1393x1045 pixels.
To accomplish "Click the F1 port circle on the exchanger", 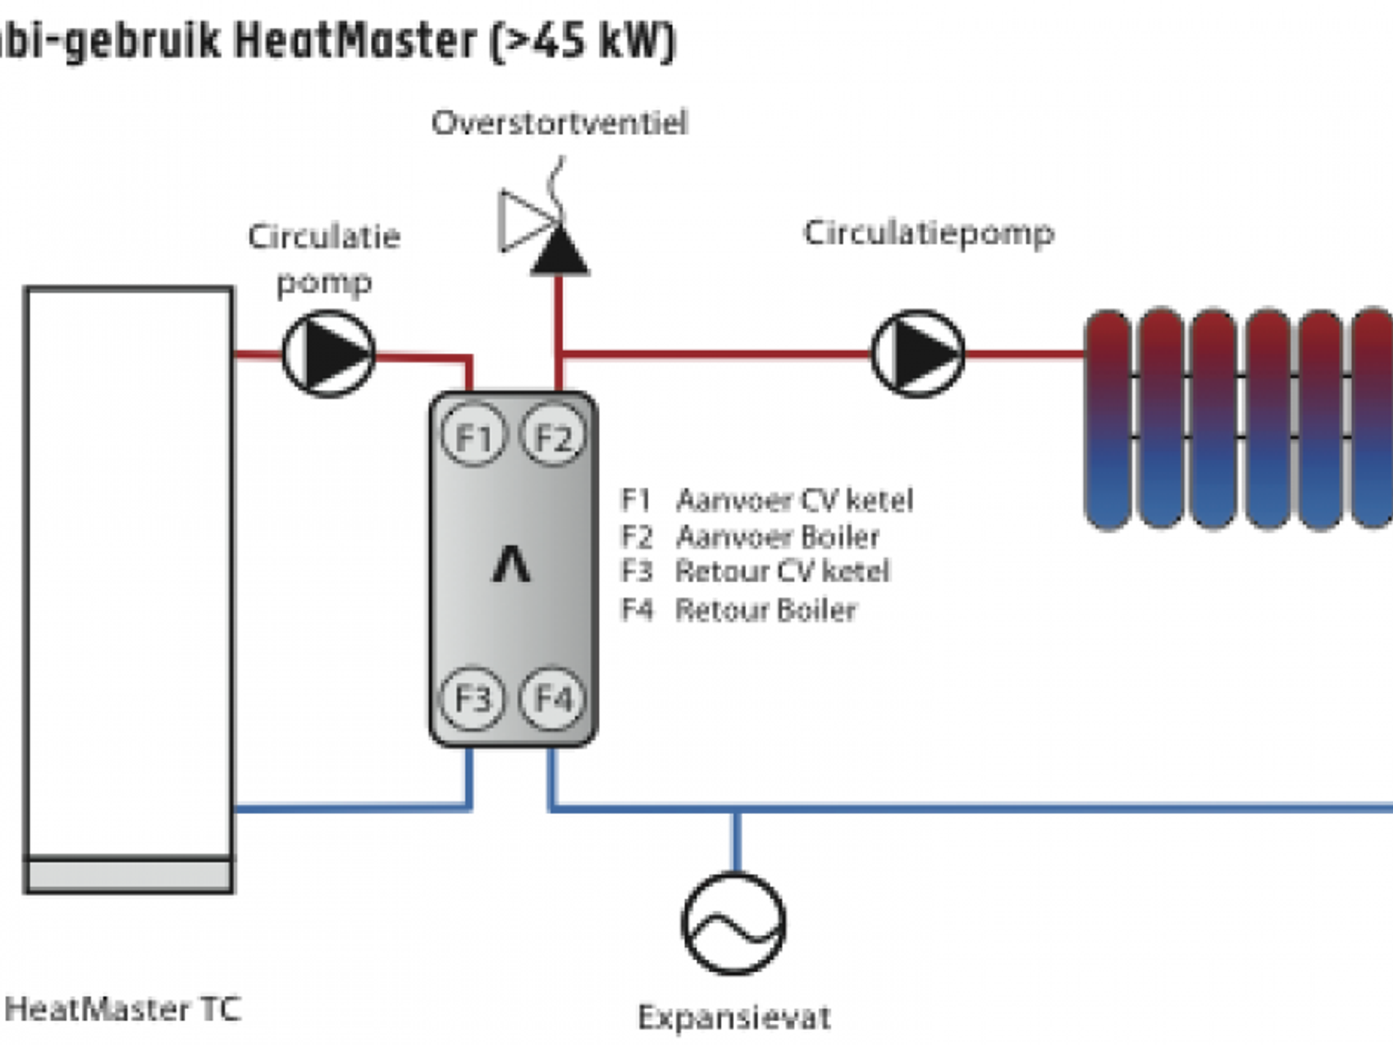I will point(473,435).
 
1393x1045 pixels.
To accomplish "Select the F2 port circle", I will point(553,435).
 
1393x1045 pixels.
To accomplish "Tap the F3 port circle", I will point(473,698).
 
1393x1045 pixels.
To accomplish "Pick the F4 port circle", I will point(553,698).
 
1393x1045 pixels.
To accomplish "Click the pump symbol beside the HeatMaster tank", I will point(328,354).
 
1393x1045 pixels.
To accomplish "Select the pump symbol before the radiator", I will point(918,354).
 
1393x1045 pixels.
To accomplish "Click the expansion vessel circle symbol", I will point(733,924).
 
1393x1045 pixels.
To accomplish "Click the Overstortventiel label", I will point(559,123).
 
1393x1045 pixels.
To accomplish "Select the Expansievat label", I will point(733,1017).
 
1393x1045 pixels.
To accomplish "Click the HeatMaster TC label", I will point(123,1009).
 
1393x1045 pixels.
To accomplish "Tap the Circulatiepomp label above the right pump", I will point(929,233).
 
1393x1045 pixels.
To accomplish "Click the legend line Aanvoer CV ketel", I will point(766,500).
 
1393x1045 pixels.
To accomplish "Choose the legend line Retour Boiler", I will point(739,610).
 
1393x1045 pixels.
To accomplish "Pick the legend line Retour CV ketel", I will point(755,571).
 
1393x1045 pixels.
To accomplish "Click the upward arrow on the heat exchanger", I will point(511,565).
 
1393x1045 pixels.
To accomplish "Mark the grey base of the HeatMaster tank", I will point(129,875).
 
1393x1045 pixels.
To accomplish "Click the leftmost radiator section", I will point(1108,418).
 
